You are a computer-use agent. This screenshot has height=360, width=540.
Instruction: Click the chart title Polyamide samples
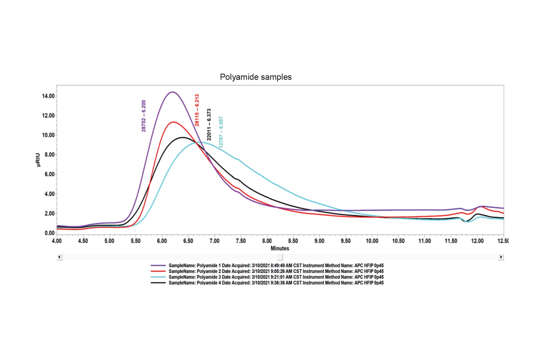[x=255, y=77]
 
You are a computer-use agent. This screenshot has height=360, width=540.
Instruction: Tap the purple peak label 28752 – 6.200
[x=144, y=116]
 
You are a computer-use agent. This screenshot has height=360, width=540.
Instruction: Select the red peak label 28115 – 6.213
[x=197, y=110]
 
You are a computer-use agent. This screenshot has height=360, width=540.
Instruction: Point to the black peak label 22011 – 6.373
[x=209, y=125]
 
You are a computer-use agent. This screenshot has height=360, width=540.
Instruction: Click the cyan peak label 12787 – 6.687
[x=221, y=132]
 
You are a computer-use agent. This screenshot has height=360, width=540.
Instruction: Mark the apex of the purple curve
[x=172, y=92]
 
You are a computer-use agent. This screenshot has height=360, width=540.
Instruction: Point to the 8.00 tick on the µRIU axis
[x=49, y=154]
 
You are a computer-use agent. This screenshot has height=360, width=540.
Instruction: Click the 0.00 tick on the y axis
[x=49, y=233]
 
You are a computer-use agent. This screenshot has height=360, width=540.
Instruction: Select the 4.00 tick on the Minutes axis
[x=57, y=241]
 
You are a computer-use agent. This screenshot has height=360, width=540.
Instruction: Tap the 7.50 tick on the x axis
[x=241, y=241]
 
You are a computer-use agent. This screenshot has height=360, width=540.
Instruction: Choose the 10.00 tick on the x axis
[x=372, y=241]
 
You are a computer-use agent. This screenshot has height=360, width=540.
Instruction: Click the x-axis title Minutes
[x=280, y=248]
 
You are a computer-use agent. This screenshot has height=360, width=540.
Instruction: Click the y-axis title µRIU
[x=38, y=160]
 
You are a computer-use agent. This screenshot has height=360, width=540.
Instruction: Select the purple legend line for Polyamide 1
[x=158, y=265]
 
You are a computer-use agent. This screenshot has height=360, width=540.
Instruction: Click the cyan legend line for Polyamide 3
[x=158, y=277]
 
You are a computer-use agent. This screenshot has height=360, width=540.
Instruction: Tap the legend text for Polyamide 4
[x=276, y=283]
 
